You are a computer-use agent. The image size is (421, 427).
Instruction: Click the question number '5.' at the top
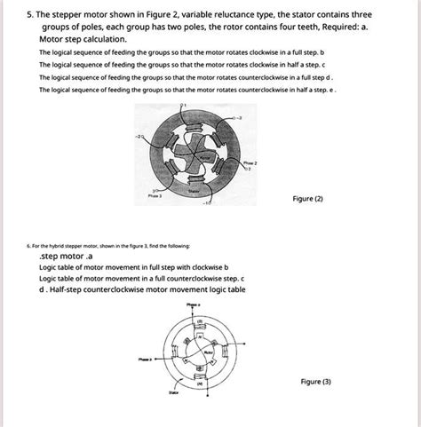coord(32,15)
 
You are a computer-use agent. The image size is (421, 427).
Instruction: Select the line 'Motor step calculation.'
coord(83,40)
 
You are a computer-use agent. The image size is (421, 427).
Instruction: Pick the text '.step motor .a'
coord(66,255)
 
